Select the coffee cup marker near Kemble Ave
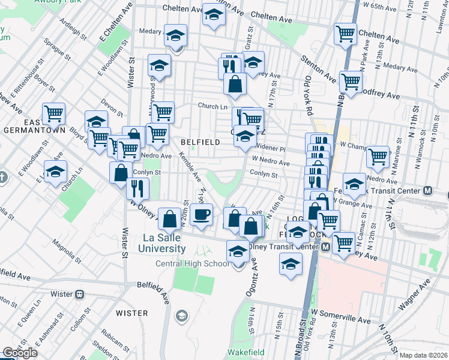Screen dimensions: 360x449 [x=202, y=214]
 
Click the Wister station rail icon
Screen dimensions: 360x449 [x=80, y=295]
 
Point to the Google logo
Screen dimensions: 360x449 [x=20, y=353]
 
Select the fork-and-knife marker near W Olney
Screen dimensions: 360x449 [x=137, y=188]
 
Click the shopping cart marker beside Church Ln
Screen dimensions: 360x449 [x=162, y=112]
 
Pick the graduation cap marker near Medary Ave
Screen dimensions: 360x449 [x=175, y=37]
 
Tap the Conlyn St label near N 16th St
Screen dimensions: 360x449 [x=264, y=175]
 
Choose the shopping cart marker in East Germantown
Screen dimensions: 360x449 [x=53, y=113]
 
